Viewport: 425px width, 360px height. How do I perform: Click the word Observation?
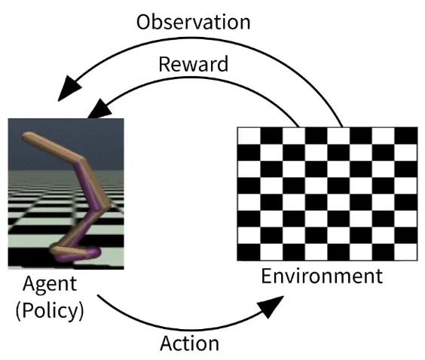193,22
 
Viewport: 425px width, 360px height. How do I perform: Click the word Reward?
193,64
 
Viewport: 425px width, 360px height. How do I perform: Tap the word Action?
189,343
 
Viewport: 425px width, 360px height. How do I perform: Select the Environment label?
322,276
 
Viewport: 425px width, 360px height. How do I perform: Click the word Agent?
50,285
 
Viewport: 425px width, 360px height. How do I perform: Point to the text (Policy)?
50,311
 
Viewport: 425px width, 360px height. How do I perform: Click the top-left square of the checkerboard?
249,136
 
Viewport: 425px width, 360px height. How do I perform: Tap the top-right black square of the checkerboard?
405,136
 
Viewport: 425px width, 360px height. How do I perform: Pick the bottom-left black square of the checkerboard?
249,252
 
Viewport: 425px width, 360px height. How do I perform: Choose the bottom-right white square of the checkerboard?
405,252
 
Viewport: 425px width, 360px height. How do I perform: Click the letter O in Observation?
144,22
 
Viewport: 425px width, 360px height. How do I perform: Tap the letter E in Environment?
266,276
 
